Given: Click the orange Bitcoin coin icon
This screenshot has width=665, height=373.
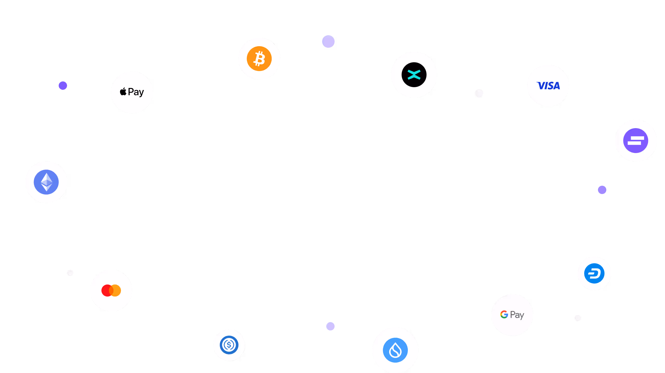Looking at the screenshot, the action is click(259, 59).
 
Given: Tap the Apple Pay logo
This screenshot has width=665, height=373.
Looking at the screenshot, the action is click(132, 92).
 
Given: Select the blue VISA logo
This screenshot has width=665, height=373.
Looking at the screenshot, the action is click(548, 86).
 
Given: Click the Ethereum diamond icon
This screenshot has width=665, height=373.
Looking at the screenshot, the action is click(46, 182).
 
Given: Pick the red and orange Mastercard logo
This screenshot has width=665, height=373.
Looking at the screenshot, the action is click(111, 291).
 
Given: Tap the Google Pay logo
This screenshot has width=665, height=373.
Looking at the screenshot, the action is click(512, 315).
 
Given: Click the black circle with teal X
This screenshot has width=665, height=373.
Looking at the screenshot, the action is click(414, 75).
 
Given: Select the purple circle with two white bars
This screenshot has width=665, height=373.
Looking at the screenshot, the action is click(636, 141).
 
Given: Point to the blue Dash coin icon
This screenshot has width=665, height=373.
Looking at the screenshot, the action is click(594, 273).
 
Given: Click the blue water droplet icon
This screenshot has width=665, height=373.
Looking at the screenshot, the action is click(395, 350).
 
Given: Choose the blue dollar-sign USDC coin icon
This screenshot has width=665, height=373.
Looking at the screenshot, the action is click(229, 345).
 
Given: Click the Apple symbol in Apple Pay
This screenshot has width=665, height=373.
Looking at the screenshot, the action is click(123, 92).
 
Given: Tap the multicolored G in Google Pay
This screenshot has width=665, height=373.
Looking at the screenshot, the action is click(504, 314).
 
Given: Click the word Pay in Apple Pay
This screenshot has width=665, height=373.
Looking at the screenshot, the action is click(136, 92).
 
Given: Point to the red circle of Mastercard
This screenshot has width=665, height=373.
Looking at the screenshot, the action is click(107, 291).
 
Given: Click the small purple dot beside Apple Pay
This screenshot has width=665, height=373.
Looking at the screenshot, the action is click(63, 86).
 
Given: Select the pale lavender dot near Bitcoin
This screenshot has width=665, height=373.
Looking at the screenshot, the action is click(328, 42).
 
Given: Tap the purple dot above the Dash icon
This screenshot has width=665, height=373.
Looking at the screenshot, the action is click(602, 190).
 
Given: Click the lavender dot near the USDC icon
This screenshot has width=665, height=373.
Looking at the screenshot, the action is click(330, 326).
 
